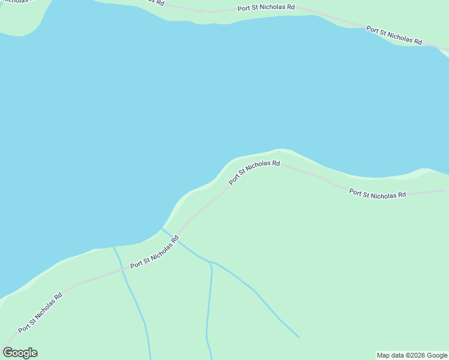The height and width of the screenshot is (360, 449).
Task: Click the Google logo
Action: pyautogui.click(x=20, y=353)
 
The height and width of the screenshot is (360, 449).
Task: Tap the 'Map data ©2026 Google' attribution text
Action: pyautogui.click(x=412, y=355)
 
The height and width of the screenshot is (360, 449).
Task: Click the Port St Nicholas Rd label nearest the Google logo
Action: pyautogui.click(x=40, y=313)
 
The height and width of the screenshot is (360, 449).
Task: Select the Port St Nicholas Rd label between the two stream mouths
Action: pyautogui.click(x=154, y=252)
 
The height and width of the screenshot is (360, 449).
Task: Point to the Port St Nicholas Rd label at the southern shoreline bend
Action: pyautogui.click(x=255, y=172)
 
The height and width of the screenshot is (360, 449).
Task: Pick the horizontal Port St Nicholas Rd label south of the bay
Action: pyautogui.click(x=378, y=194)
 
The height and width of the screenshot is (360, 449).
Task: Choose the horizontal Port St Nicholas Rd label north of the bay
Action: pyautogui.click(x=266, y=8)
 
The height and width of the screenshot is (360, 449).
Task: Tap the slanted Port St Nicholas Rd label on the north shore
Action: pyautogui.click(x=394, y=36)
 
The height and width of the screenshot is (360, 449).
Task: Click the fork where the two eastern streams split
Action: pyautogui.click(x=211, y=263)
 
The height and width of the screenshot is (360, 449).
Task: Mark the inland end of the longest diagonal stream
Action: pyautogui.click(x=298, y=337)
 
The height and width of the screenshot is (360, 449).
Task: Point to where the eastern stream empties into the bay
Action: pyautogui.click(x=161, y=229)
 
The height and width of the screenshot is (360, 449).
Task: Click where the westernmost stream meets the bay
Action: pyautogui.click(x=113, y=246)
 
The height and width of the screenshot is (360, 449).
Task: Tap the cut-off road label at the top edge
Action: pyautogui.click(x=154, y=2)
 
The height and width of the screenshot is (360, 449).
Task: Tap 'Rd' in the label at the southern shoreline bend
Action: pyautogui.click(x=276, y=163)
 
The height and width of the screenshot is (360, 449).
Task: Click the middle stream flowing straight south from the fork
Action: pyautogui.click(x=209, y=306)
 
